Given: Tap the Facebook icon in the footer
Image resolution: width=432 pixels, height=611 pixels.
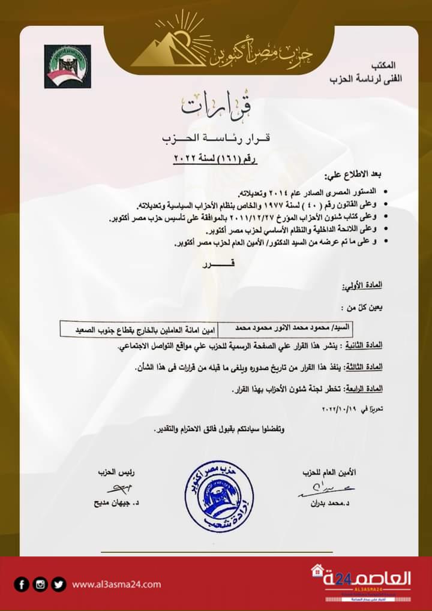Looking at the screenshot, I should pyautogui.click(x=22, y=584).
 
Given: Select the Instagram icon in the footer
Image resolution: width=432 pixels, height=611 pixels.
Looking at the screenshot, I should pyautogui.click(x=40, y=584).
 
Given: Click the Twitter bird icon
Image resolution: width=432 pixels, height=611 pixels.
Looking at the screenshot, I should pyautogui.click(x=58, y=584).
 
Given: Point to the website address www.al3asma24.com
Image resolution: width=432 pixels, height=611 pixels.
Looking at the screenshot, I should pyautogui.click(x=116, y=585).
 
